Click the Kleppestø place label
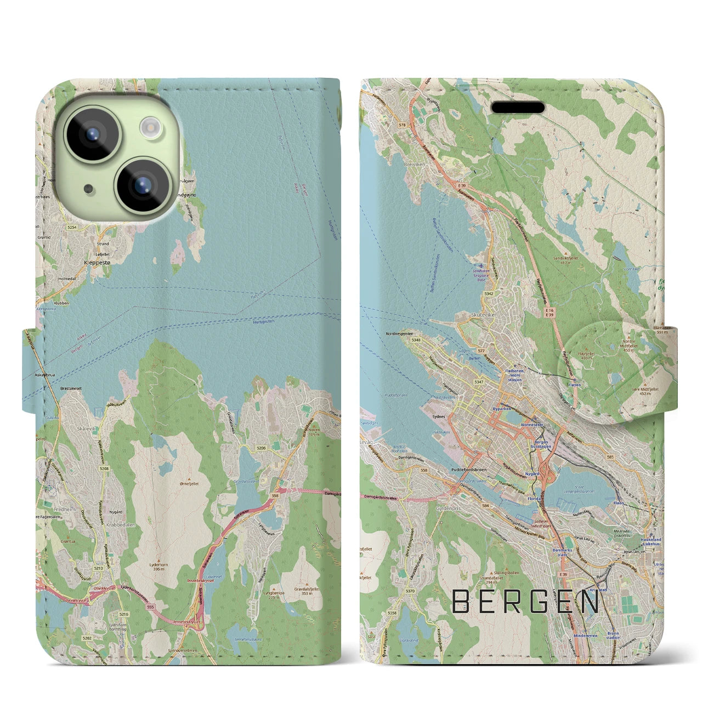click(97, 263)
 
